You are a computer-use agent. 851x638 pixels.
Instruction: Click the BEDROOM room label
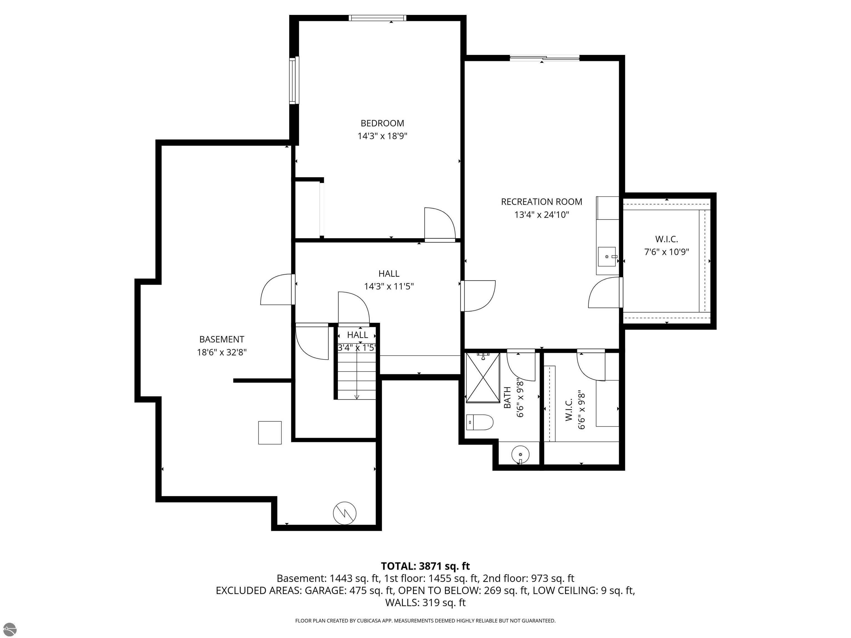pos(382,124)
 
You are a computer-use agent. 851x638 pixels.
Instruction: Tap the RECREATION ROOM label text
pos(541,202)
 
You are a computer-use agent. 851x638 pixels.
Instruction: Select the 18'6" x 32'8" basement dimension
pos(222,352)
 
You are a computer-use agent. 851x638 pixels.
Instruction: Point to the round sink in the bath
pos(521,454)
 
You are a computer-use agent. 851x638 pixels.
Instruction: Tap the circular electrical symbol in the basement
pos(345,513)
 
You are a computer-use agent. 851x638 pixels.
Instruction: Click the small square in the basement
pos(270,433)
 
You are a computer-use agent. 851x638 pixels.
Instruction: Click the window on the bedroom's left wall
pos(294,80)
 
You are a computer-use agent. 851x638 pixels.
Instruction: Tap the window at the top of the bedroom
pos(377,18)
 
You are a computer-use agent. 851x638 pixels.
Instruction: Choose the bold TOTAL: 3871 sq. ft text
pos(425,566)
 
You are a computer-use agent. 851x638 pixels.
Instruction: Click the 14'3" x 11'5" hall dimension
pos(389,287)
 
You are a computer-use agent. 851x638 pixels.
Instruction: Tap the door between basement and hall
pos(277,289)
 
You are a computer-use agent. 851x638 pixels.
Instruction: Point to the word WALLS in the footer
pos(402,603)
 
